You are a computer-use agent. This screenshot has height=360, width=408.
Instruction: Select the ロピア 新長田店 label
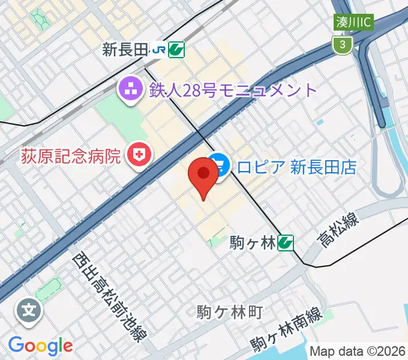click(x=296, y=166)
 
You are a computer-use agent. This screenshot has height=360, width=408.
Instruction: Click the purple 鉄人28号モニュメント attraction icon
click(x=128, y=91)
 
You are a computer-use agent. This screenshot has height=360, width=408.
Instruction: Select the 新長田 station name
click(x=125, y=50)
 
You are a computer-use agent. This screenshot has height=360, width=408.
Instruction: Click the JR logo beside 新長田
click(x=159, y=50)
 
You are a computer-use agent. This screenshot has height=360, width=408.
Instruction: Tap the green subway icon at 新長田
click(x=176, y=50)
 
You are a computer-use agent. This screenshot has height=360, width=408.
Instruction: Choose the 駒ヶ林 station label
click(x=253, y=242)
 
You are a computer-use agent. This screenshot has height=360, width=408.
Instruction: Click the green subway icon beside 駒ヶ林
click(x=286, y=242)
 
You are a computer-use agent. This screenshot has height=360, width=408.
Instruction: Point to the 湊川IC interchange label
click(x=355, y=22)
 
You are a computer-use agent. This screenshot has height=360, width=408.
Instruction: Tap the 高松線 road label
click(x=339, y=231)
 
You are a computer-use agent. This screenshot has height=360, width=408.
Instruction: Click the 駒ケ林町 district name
click(x=230, y=312)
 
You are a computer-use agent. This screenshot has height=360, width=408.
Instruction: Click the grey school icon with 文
click(x=28, y=310)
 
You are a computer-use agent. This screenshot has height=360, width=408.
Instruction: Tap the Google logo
click(x=40, y=346)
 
